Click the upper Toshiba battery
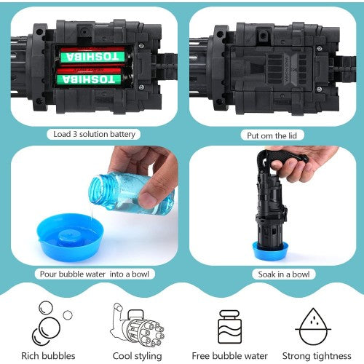point(93,56)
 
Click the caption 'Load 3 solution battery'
point(94,134)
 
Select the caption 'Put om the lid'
point(272,135)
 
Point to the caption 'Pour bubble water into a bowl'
point(95,274)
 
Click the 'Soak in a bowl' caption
point(284,274)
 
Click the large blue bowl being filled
point(71,237)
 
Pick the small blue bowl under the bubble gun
point(270,250)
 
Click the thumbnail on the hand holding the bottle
point(147,199)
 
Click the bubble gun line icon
point(137,325)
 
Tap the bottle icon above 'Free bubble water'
point(230,326)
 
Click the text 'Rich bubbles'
point(48,356)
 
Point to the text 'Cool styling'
point(137,356)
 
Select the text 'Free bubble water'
point(229,356)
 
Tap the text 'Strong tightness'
point(317,356)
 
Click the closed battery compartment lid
point(272,68)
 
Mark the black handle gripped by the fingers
point(282,158)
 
